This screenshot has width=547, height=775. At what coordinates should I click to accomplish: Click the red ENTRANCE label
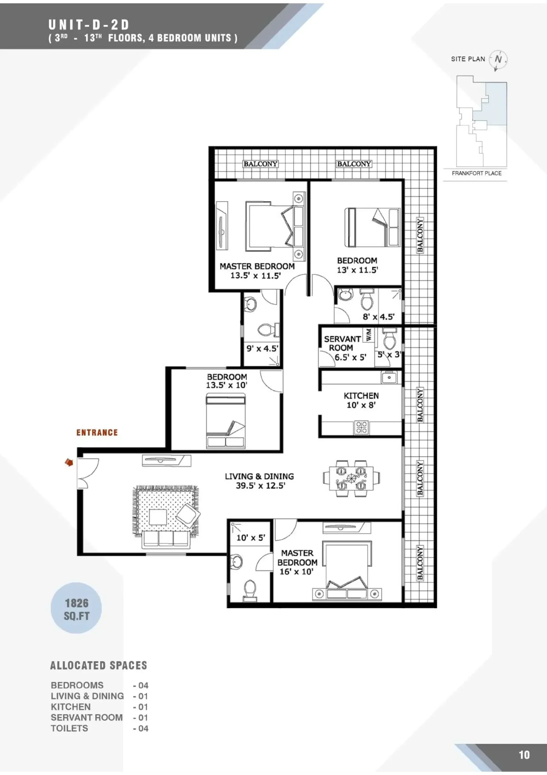coord(97,432)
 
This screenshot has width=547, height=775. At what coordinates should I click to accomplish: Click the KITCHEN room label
coord(361,396)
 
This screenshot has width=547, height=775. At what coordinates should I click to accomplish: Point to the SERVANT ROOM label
coord(342,343)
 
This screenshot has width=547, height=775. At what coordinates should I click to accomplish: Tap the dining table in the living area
coord(351,478)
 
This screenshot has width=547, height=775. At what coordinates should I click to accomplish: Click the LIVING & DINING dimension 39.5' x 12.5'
coord(260,485)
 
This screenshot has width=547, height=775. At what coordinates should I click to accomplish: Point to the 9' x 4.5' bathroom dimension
coord(262,348)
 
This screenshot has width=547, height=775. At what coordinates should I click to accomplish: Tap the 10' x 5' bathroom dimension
coord(251,537)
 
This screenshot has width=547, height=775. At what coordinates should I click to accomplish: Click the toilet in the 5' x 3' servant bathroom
coord(389,339)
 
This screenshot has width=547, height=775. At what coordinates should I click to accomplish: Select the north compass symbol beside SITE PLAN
coord(498,60)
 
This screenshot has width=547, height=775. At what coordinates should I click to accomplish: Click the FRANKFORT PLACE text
coord(477,173)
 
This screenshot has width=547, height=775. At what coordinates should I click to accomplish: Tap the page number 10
coord(524,755)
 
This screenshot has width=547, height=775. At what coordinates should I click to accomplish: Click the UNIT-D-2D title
coord(89,25)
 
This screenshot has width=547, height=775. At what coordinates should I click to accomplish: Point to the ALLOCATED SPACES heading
coord(99,665)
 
